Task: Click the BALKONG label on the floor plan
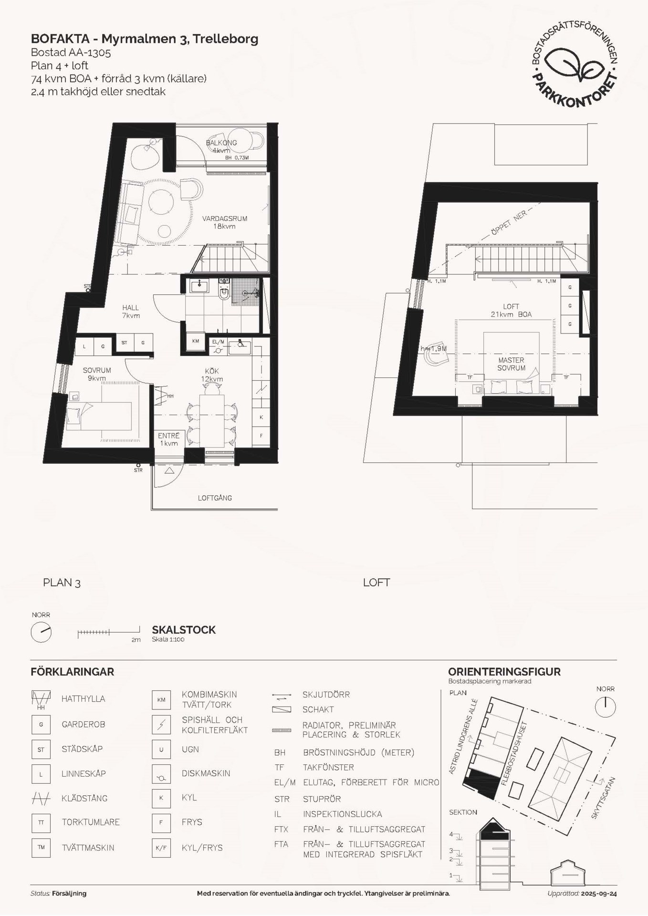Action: (221, 143)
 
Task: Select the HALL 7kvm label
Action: (130, 312)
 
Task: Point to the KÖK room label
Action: (212, 371)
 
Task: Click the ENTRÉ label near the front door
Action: (169, 436)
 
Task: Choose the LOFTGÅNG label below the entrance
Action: (215, 498)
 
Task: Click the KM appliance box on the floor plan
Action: (196, 341)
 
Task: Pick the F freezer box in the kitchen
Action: (261, 436)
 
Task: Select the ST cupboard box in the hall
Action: (125, 342)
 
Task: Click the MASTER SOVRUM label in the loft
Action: (511, 364)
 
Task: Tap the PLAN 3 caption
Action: (62, 583)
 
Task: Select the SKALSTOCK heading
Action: (184, 630)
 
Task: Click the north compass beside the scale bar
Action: (41, 633)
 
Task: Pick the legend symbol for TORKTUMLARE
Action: (41, 822)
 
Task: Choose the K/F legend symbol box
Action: (161, 848)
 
